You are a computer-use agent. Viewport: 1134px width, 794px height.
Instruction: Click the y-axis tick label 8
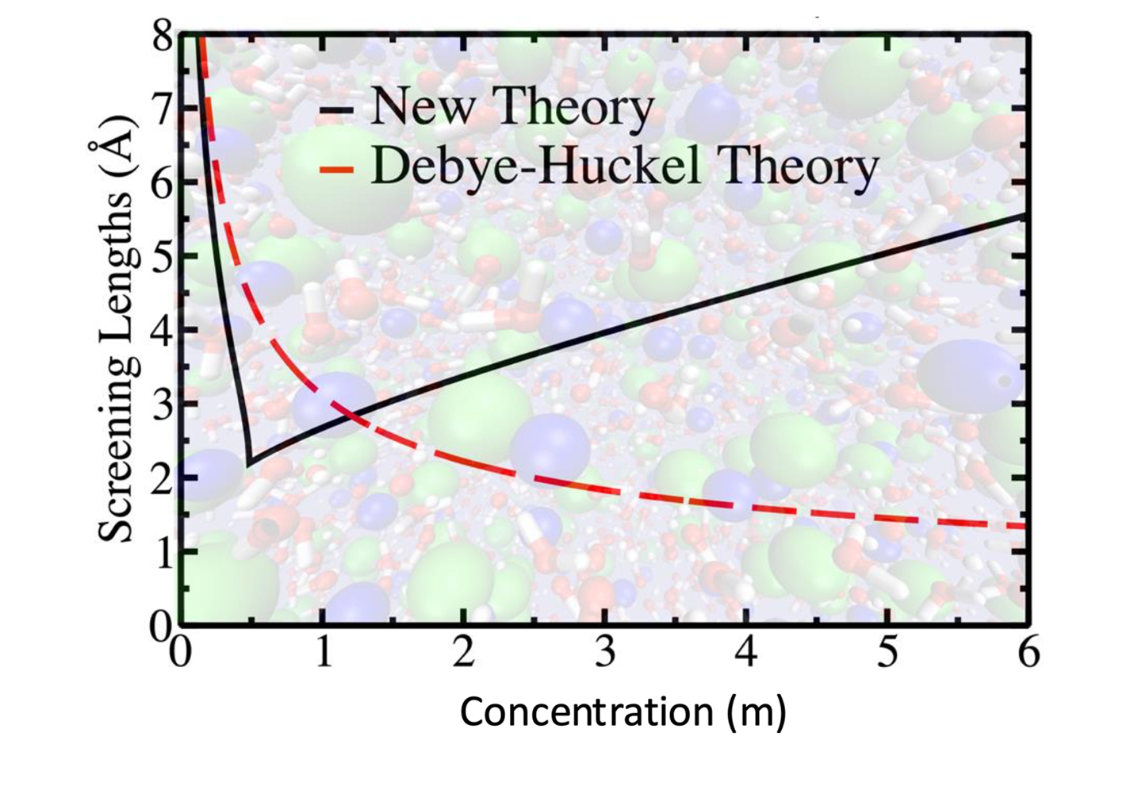coord(162,36)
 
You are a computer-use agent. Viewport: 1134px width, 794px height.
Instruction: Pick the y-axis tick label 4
coord(162,330)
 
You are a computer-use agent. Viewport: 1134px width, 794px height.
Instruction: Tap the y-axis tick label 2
coord(162,478)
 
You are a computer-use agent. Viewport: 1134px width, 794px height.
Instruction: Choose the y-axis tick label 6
coord(162,182)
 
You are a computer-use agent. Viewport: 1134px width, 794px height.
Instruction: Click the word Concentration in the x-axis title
coord(588,712)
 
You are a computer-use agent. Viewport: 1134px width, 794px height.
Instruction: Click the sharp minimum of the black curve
coord(248,463)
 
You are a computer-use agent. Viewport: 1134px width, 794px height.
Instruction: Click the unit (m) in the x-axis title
coord(757,712)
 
